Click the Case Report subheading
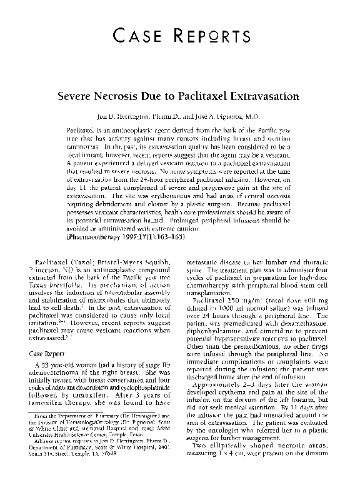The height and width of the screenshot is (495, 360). [51, 352]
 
